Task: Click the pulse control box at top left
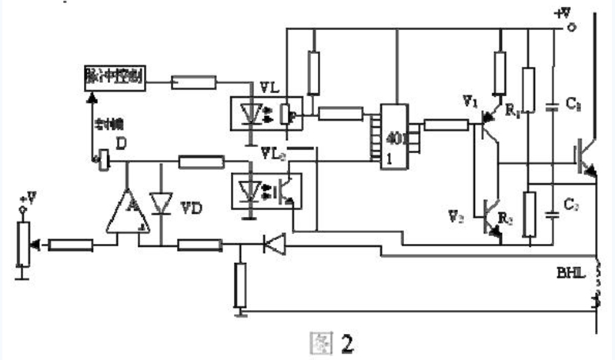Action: [x=113, y=77]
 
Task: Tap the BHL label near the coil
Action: [x=570, y=272]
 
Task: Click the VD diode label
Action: [x=189, y=208]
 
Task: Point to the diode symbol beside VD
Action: [x=161, y=202]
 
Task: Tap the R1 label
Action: [x=513, y=112]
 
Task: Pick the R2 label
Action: [x=506, y=218]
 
